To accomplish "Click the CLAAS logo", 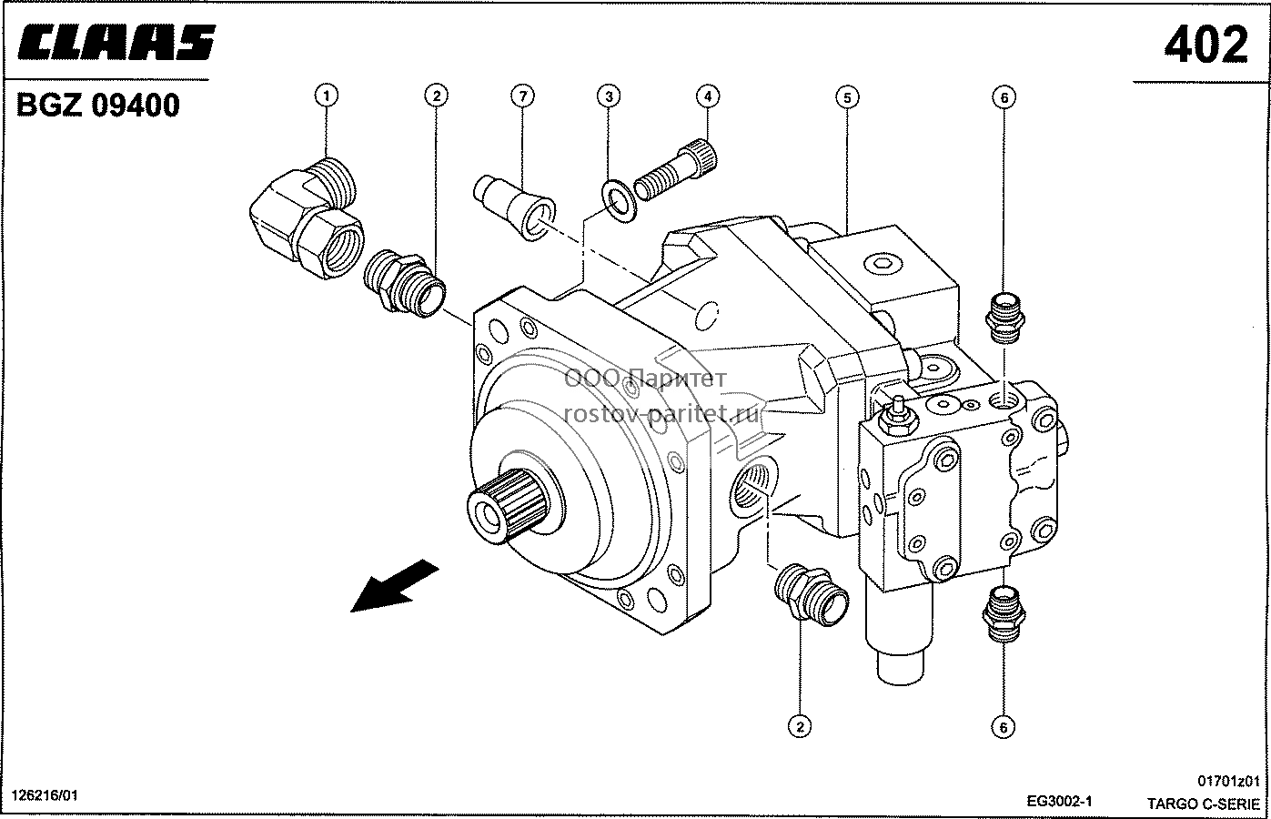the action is (116, 42).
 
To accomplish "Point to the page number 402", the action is (1206, 45).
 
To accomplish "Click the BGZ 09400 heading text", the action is (98, 106).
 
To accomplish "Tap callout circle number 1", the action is (327, 96).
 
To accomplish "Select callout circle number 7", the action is (522, 96).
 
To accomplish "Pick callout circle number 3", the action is (609, 96).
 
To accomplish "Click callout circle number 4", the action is (708, 96).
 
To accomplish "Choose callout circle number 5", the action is (847, 97).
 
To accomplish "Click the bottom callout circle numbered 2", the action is (800, 726).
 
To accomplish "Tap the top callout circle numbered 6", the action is (1004, 97).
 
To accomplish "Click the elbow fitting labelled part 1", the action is (307, 218).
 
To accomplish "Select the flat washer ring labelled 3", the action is (619, 201).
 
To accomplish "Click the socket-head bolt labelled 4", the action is (675, 169).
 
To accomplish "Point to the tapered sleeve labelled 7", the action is (515, 207).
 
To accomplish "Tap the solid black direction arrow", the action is (395, 586).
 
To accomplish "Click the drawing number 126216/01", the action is (45, 795).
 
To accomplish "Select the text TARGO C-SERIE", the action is (1204, 804).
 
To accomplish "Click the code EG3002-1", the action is (1059, 801).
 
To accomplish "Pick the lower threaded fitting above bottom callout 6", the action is (1004, 614).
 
